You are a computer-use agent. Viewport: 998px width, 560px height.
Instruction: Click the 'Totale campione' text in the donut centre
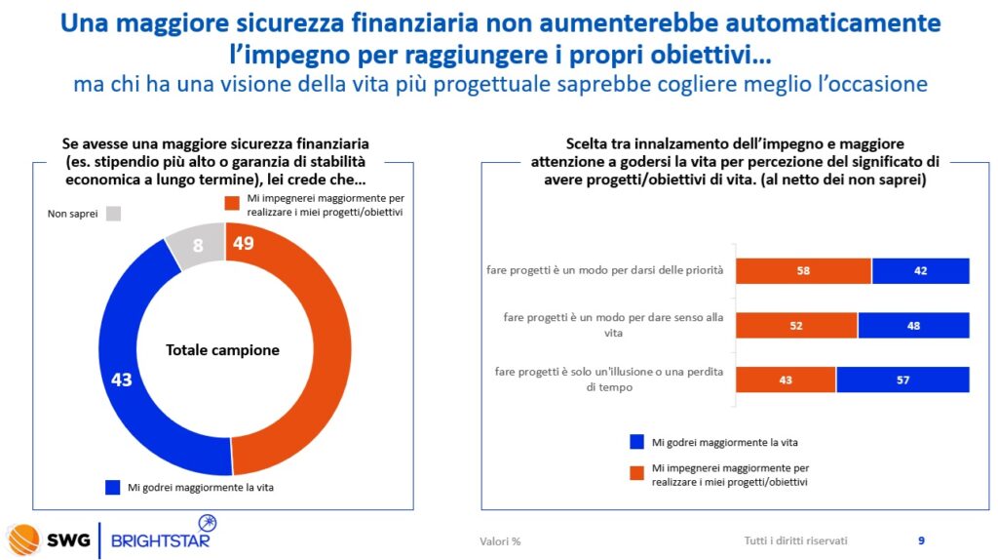click(x=222, y=349)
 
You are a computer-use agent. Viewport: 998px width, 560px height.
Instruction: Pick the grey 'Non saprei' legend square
click(x=113, y=213)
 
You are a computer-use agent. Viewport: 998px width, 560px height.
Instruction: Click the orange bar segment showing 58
click(x=803, y=270)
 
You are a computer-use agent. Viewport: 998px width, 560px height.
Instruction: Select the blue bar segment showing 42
click(x=920, y=270)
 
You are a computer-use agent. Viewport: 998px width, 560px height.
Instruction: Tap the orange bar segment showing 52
click(x=796, y=325)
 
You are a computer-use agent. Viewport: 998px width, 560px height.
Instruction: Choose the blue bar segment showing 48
click(x=913, y=325)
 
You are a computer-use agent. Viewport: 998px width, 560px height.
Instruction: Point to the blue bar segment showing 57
click(x=902, y=380)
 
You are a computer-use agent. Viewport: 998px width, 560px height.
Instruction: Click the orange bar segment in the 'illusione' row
click(x=786, y=380)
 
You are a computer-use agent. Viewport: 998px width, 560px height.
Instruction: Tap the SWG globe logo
click(x=23, y=538)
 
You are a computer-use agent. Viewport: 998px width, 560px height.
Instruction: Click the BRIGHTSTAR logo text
click(x=161, y=540)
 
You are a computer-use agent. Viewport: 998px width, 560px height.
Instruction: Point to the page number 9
click(x=921, y=540)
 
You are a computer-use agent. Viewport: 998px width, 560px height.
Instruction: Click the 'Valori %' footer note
click(x=500, y=541)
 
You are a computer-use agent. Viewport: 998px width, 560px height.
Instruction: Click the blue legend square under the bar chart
click(x=635, y=442)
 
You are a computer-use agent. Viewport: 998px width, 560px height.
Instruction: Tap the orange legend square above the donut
click(x=232, y=203)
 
